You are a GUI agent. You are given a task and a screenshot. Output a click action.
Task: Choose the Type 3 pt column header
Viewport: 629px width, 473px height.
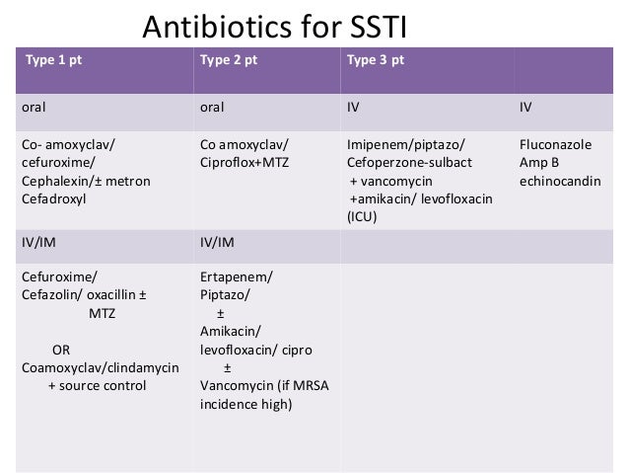point(375,59)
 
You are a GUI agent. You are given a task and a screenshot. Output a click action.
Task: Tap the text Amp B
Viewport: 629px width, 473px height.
point(540,164)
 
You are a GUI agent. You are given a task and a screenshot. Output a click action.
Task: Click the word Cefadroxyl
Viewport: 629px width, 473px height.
point(52,199)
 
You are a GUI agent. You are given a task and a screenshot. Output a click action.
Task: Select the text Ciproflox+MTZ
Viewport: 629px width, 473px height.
point(244,164)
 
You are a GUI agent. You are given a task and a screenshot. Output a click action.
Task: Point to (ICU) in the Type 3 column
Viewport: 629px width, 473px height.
point(363,217)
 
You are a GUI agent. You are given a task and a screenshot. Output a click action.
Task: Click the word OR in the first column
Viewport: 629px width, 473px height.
point(61,350)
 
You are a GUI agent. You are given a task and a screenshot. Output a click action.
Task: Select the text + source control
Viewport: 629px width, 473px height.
point(97,385)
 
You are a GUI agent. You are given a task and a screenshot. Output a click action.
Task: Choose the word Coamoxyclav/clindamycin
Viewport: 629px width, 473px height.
point(100,367)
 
